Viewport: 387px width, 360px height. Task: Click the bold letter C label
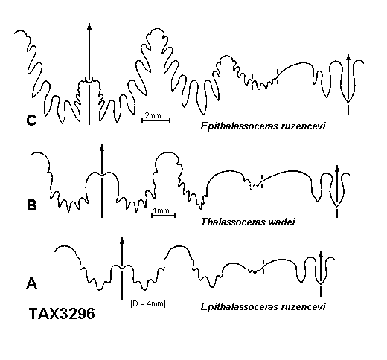coord(31,120)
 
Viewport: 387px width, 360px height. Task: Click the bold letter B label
coord(31,205)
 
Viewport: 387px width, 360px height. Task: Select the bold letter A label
coord(31,283)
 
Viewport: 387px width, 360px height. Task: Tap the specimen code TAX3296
coord(62,313)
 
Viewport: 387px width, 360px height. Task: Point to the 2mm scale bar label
coord(153,115)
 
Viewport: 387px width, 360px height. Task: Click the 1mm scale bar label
coord(161,210)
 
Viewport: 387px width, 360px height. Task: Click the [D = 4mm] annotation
coord(148,303)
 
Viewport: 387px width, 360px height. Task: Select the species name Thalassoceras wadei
coord(248,222)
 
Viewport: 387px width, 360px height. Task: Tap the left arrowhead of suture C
coord(89,26)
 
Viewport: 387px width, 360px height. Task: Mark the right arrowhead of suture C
coord(348,57)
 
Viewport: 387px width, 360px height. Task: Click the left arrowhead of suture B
coord(102,147)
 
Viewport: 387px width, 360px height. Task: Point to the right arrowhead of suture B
coord(337,169)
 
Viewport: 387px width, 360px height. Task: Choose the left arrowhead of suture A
coord(122,240)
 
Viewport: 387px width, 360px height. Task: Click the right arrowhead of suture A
coord(321,254)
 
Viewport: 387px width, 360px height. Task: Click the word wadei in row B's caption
coord(281,222)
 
